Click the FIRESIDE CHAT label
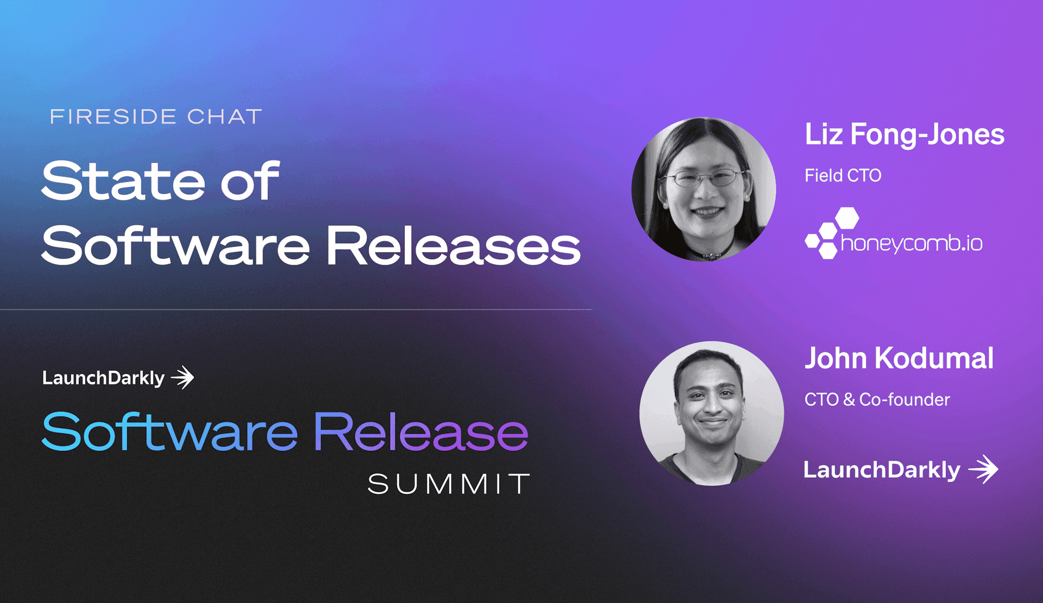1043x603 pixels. pyautogui.click(x=156, y=116)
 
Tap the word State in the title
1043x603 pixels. pyautogui.click(x=123, y=181)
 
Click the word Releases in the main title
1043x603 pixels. pyautogui.click(x=454, y=246)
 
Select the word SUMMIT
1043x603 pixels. pyautogui.click(x=449, y=483)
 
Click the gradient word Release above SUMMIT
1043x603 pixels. pyautogui.click(x=421, y=432)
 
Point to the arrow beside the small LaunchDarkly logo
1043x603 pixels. pyautogui.click(x=183, y=378)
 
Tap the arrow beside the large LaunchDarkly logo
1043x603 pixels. pyautogui.click(x=984, y=469)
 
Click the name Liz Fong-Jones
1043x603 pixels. pyautogui.click(x=904, y=134)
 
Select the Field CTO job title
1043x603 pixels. pyautogui.click(x=843, y=175)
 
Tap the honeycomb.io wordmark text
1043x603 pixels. pyautogui.click(x=912, y=243)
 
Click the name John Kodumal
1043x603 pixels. pyautogui.click(x=899, y=359)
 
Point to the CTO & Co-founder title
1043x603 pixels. pyautogui.click(x=877, y=400)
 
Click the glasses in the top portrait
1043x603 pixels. pyautogui.click(x=705, y=177)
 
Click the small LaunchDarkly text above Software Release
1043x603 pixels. pyautogui.click(x=103, y=378)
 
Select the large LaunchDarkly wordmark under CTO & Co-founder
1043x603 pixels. pyautogui.click(x=882, y=470)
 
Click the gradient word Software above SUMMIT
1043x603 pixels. pyautogui.click(x=170, y=432)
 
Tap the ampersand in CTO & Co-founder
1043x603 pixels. pyautogui.click(x=849, y=400)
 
